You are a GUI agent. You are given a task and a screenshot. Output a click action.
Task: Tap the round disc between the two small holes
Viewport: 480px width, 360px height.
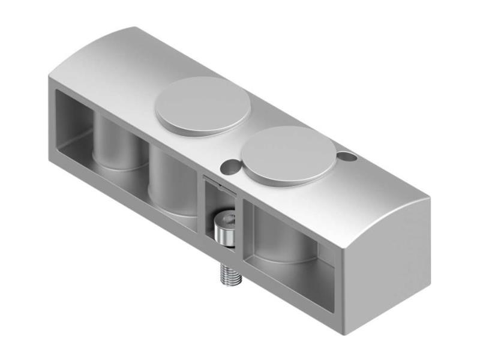click(x=290, y=154)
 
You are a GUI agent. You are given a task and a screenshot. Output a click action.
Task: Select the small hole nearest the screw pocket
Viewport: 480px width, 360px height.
click(x=229, y=164)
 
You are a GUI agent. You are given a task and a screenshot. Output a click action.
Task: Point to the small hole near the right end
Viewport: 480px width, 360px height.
click(x=346, y=157)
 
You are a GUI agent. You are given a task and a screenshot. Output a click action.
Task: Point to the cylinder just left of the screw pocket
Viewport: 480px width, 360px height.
click(x=173, y=183)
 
